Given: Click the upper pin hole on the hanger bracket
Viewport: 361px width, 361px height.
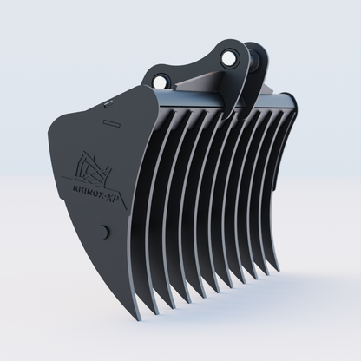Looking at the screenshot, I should (230, 57).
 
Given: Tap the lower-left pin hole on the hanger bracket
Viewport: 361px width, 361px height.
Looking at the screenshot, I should (161, 81).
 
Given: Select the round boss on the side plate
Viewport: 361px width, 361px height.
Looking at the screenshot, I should (104, 233).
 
